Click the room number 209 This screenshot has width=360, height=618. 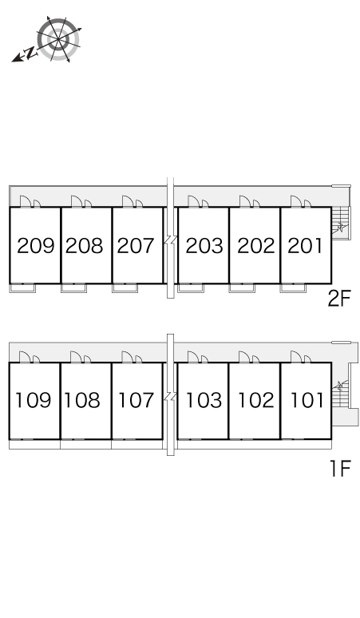point(35,246)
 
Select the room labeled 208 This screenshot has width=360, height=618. point(85,246)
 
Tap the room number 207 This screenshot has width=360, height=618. point(136,246)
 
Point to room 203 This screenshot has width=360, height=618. point(204,246)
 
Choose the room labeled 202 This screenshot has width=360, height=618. point(256,246)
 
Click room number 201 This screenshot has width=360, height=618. point(305,246)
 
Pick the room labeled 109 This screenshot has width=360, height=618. point(34,400)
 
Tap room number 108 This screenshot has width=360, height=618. point(82,400)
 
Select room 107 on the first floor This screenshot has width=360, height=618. point(136,400)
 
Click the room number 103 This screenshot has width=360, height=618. point(204,400)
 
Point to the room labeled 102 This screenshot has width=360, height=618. point(256,400)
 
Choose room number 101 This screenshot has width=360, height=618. point(307,400)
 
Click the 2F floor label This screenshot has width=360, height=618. point(339,299)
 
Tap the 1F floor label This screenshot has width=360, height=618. point(340,469)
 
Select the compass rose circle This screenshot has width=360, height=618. point(58,39)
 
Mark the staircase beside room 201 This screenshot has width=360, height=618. point(340,223)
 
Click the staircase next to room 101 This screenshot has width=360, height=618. point(340,393)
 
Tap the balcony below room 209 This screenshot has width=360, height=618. point(22,287)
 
